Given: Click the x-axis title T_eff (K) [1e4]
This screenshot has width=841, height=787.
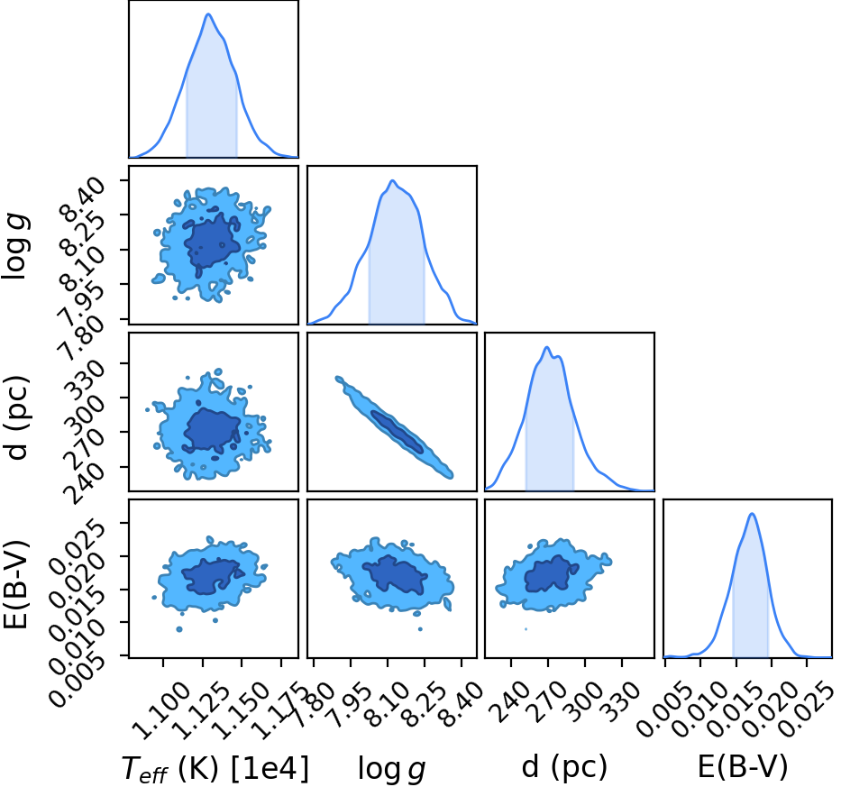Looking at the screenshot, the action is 215,768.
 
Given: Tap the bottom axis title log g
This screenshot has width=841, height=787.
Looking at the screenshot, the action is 391,768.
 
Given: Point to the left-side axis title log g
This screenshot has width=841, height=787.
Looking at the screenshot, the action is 15,246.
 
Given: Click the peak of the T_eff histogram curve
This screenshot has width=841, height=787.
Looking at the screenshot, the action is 208,14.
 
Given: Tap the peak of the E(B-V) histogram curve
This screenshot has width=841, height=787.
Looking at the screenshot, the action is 752,514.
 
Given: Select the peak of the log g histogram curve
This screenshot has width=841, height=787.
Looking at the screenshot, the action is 393,180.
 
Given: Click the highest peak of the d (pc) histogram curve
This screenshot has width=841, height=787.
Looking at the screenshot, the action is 546,347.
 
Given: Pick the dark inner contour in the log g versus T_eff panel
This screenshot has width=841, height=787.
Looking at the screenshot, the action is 213,243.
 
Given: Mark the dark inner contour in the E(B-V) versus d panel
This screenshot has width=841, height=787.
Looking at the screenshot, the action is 550,574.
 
